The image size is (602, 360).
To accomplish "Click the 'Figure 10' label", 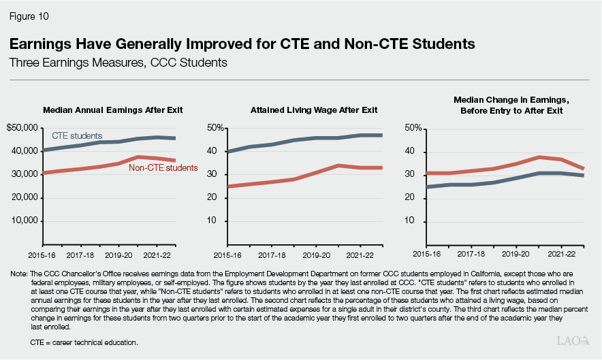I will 29,15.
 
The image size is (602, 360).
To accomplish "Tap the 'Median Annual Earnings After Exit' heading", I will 112,110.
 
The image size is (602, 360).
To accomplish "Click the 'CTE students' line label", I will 77,136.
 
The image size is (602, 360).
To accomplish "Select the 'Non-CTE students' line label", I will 163,167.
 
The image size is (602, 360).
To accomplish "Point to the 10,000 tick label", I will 26,221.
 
